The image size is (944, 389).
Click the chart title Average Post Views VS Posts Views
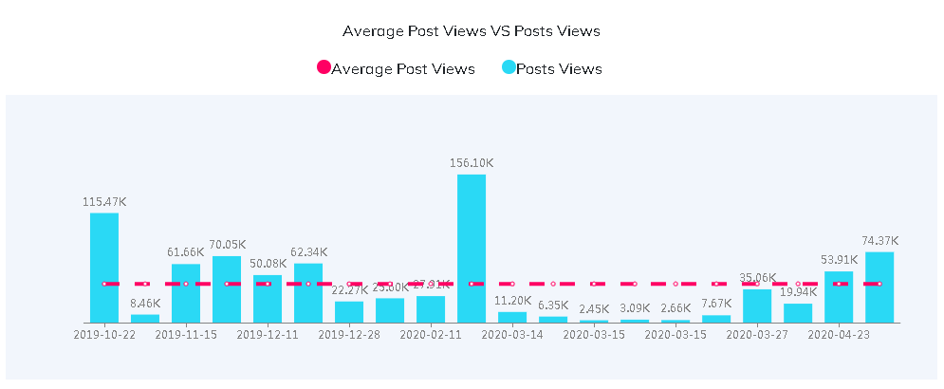472,30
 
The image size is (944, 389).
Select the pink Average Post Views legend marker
324,68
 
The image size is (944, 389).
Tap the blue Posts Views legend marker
509,68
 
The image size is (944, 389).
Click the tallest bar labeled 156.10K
472,249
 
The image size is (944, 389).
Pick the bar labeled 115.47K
104,268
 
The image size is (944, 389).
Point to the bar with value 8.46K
145,318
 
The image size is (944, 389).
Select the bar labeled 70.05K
227,289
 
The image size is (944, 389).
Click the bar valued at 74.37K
879,287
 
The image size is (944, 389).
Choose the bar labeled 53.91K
839,297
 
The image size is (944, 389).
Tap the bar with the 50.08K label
268,299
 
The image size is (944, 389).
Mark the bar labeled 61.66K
186,293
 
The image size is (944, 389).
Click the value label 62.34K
308,252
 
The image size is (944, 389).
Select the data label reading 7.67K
716,304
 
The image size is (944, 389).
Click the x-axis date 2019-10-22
104,334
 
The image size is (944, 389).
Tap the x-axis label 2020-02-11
431,334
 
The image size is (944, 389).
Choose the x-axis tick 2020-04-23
839,334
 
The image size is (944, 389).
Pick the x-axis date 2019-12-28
349,334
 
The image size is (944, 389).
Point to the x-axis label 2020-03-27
757,334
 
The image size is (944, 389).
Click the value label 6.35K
553,306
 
